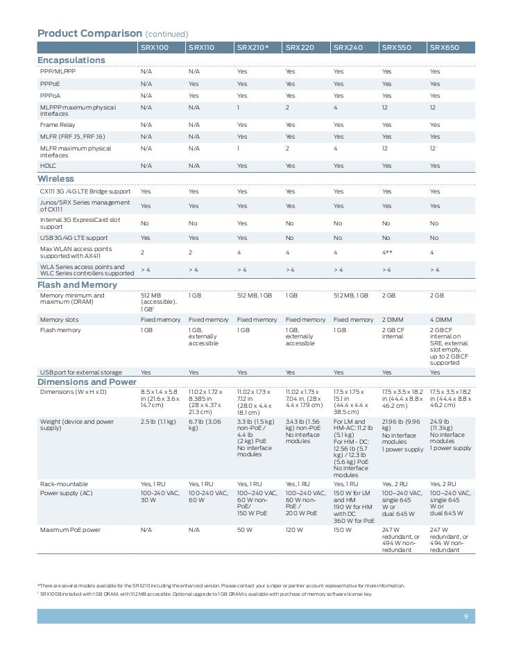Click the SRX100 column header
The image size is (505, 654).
tap(155, 48)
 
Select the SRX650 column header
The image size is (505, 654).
tap(445, 48)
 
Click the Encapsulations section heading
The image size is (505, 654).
tap(71, 60)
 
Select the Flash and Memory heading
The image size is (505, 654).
tap(77, 285)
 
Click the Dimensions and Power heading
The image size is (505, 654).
tap(87, 382)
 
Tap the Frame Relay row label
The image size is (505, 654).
tap(58, 125)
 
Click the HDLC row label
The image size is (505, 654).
tap(49, 166)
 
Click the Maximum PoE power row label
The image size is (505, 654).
tap(70, 530)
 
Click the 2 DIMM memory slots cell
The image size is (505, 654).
tap(394, 320)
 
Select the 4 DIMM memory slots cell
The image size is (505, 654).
tap(442, 320)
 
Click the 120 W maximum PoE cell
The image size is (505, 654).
tap(296, 530)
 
